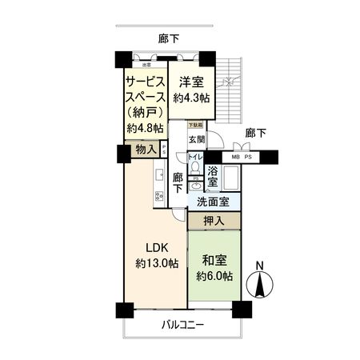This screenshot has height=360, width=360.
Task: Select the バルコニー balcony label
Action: [x=182, y=326]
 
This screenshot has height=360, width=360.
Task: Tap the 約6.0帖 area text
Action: [x=214, y=276]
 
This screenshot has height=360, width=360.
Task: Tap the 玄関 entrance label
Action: [x=196, y=138]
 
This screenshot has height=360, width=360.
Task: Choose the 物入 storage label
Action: [x=145, y=150]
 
